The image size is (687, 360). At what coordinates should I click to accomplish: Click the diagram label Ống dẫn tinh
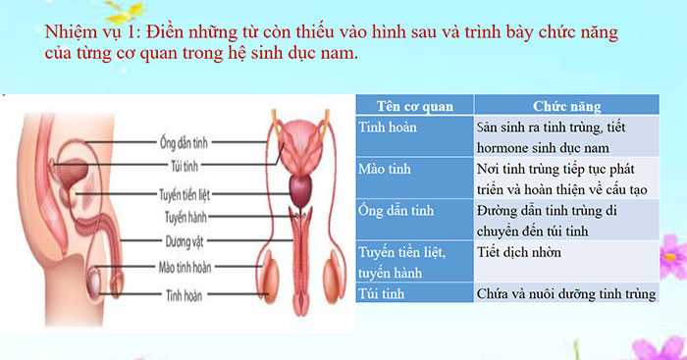(x=186, y=141)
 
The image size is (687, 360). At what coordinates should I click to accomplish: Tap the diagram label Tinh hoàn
(x=185, y=292)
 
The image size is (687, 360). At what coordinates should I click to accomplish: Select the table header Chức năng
(x=566, y=106)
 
